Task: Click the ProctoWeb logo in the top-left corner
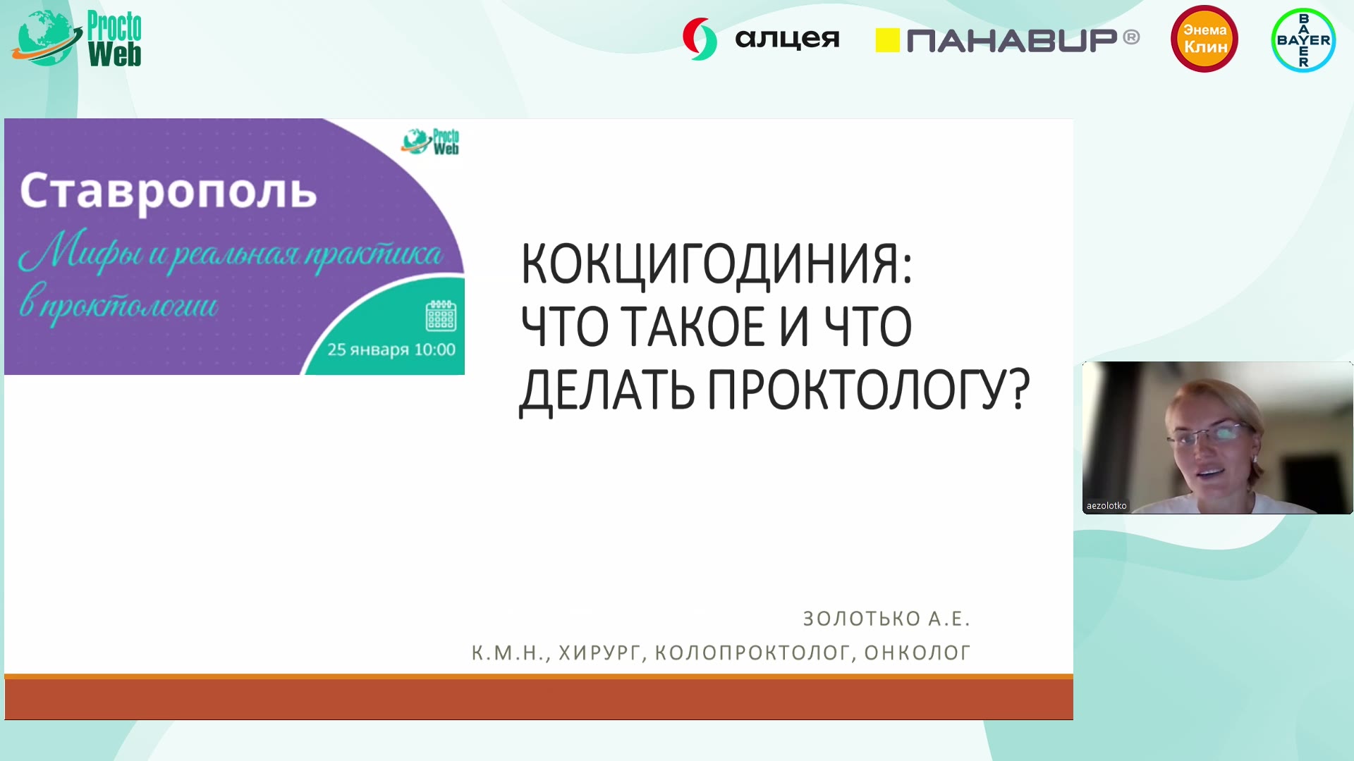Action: coord(76,39)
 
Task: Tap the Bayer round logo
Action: coord(1303,40)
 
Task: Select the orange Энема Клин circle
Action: coord(1204,39)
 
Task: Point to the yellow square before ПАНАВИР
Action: coord(887,40)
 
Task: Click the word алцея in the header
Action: coord(787,39)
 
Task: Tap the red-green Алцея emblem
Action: coord(700,39)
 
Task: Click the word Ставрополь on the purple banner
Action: coord(169,191)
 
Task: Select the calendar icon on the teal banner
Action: coord(441,316)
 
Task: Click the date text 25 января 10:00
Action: coord(391,349)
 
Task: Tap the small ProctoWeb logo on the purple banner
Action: coord(430,142)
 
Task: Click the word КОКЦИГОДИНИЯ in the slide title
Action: coord(716,264)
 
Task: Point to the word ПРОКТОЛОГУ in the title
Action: coord(868,390)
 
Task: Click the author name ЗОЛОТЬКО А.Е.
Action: coord(886,619)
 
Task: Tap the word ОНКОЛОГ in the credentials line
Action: coord(917,653)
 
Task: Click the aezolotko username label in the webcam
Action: coord(1106,506)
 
